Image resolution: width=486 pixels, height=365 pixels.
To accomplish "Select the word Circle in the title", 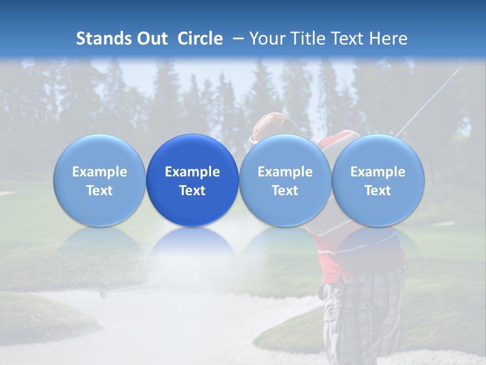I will click(200, 39).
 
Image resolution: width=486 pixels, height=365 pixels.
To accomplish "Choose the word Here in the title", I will click(388, 39).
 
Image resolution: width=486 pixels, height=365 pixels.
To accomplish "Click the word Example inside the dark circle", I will click(192, 172).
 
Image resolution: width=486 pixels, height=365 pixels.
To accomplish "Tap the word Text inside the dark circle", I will click(192, 191).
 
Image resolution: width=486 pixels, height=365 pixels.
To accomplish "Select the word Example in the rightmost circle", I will click(378, 172).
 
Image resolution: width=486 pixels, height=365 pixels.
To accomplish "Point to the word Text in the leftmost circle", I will click(99, 191).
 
